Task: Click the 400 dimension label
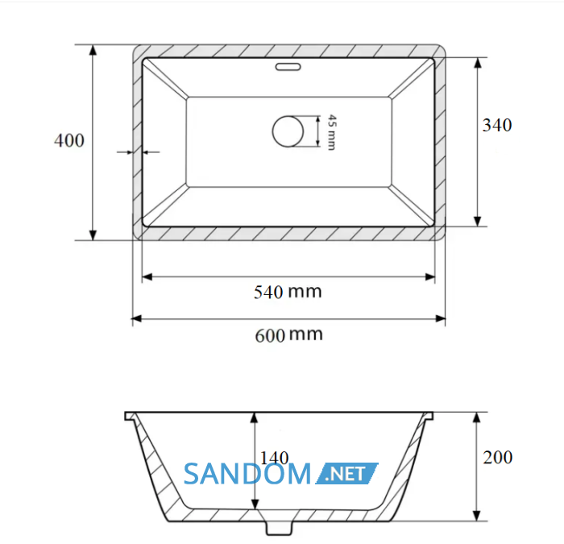[69, 140]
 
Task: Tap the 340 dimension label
[497, 125]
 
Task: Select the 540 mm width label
[288, 292]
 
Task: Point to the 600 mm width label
[288, 335]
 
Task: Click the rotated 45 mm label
[332, 132]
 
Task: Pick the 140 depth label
[274, 458]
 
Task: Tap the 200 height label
[498, 457]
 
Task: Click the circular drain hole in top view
[288, 131]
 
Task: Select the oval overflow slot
[288, 67]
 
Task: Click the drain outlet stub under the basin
[279, 527]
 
